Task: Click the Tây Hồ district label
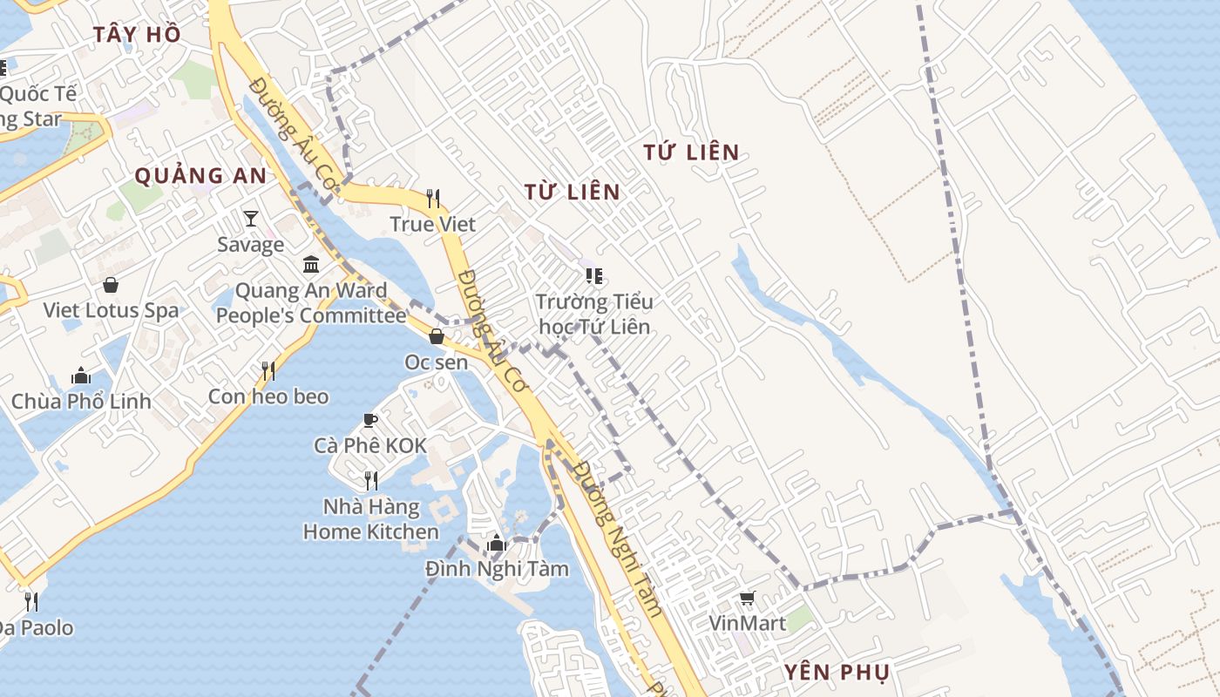[138, 34]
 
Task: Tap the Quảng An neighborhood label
[200, 175]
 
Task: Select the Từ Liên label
[573, 192]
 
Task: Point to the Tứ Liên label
[691, 152]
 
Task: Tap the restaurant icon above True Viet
[433, 199]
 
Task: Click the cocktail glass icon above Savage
[251, 218]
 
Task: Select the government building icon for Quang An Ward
[311, 264]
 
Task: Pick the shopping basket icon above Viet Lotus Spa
[111, 284]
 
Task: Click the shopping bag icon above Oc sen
[437, 335]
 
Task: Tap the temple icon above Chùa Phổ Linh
[81, 376]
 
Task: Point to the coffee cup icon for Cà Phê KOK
[370, 420]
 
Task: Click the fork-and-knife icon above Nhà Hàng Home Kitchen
[370, 480]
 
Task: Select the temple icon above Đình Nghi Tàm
[497, 543]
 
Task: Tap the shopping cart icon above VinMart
[747, 598]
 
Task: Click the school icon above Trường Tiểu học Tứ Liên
[594, 276]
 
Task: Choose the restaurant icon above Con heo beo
[268, 371]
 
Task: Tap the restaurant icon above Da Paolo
[31, 601]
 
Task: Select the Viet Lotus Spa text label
[111, 310]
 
